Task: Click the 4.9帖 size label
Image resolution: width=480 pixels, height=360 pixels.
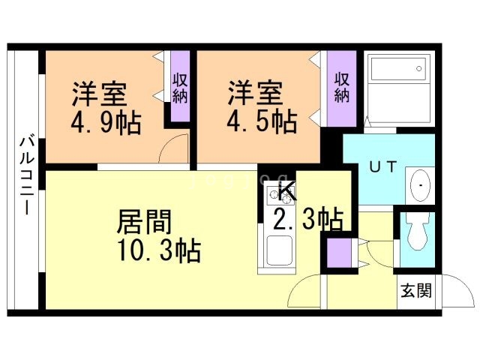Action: (x=106, y=122)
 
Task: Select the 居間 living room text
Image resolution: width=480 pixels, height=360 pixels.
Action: (x=144, y=222)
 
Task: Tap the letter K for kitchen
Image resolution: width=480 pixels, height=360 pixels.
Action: (x=288, y=193)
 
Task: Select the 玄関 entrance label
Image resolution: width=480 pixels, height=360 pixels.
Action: (x=415, y=291)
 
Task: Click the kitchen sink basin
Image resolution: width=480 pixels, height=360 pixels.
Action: (x=279, y=249)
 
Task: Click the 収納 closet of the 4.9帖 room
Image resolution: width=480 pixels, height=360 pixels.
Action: (x=180, y=87)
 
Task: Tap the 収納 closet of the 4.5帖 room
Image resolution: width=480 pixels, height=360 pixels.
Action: (x=342, y=87)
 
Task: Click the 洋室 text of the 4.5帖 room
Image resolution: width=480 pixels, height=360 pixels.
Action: (x=256, y=94)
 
